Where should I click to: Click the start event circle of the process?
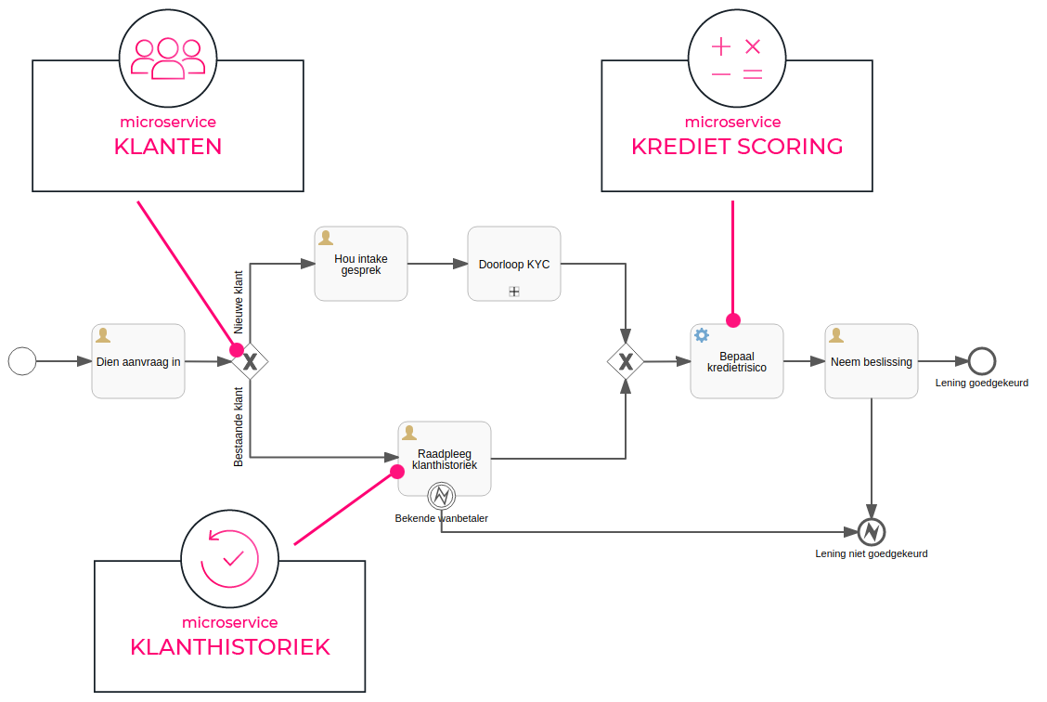tap(22, 360)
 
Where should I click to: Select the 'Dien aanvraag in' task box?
tap(138, 361)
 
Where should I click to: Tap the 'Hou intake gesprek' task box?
tap(361, 264)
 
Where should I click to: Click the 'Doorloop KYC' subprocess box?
tap(514, 264)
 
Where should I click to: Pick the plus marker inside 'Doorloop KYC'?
tap(514, 291)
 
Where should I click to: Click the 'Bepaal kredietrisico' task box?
tap(737, 361)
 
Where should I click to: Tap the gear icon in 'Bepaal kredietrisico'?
tap(702, 335)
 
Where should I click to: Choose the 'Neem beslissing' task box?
tap(872, 361)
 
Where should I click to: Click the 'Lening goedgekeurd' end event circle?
tap(981, 360)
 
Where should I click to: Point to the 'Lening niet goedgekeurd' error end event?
tap(872, 532)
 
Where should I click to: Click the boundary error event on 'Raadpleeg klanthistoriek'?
tap(442, 496)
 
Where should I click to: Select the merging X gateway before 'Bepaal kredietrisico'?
tap(626, 361)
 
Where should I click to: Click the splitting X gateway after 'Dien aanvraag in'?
tap(250, 361)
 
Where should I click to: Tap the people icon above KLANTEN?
tap(168, 58)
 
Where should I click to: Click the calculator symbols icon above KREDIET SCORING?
tap(736, 59)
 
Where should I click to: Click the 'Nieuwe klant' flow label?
tap(239, 302)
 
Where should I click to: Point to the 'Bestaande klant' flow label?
tap(239, 427)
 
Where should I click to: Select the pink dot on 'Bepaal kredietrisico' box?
tap(733, 320)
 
